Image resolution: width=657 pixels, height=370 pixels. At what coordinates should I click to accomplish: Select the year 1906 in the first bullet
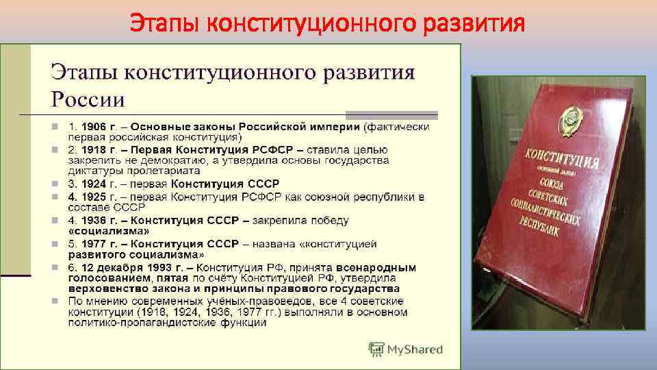[92, 127]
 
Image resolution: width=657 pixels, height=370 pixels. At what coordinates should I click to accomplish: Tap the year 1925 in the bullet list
[91, 197]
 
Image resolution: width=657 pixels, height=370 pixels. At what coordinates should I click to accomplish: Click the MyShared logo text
[415, 349]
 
